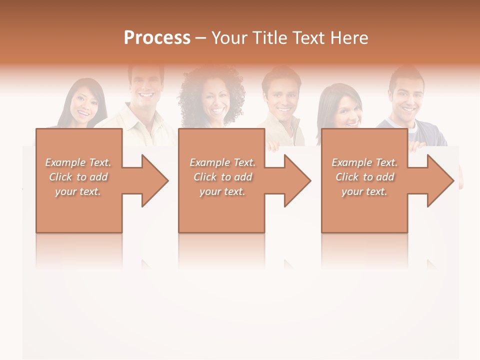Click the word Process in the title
pos(157,38)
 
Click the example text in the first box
pos(78,177)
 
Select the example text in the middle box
pos(222,177)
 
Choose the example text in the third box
pos(364,177)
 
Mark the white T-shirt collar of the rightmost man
pos(412,126)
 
